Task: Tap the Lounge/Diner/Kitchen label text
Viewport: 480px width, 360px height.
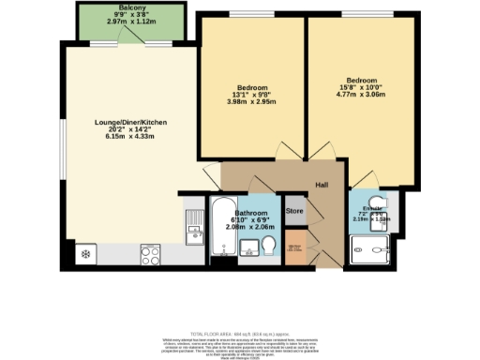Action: pyautogui.click(x=132, y=122)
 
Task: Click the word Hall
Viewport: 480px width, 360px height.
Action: pyautogui.click(x=322, y=186)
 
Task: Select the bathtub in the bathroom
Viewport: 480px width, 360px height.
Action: pyautogui.click(x=222, y=228)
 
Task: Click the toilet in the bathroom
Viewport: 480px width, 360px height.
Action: pyautogui.click(x=270, y=247)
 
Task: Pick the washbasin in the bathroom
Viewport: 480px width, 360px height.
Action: pyautogui.click(x=248, y=248)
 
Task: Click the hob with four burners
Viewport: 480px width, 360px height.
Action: pyautogui.click(x=150, y=253)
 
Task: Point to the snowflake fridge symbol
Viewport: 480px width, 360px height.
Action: pyautogui.click(x=86, y=254)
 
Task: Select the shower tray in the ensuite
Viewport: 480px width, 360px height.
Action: pyautogui.click(x=369, y=250)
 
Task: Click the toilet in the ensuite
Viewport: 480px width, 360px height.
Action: pyautogui.click(x=377, y=202)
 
